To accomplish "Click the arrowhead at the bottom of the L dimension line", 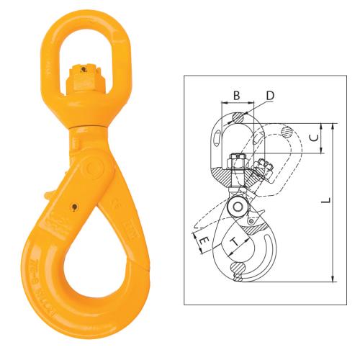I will (x=333, y=280).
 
